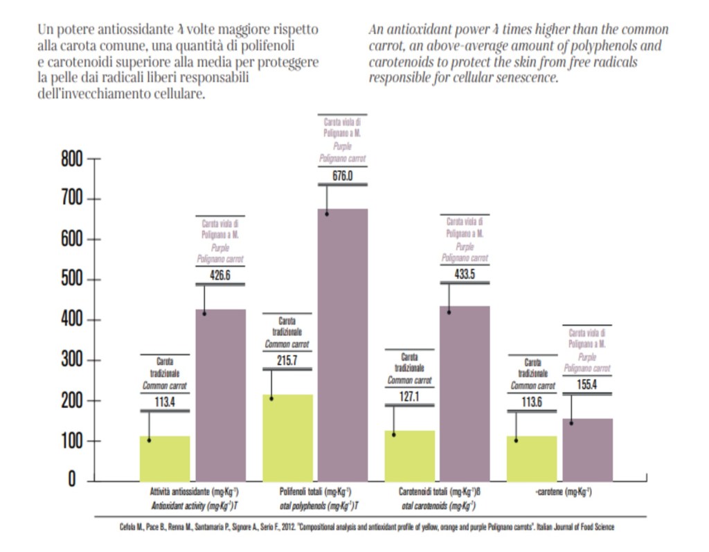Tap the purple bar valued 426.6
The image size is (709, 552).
point(221,395)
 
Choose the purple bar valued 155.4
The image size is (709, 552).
point(587,449)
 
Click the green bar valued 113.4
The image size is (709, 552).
point(165,458)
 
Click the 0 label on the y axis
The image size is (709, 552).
point(71,479)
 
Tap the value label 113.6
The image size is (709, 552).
point(532,402)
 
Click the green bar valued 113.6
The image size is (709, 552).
point(532,458)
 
